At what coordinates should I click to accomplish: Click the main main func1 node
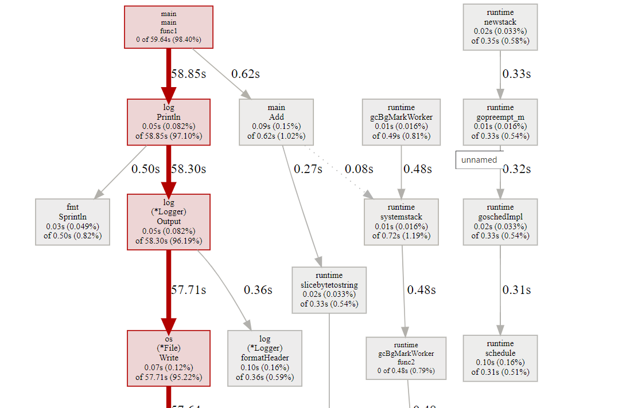(x=169, y=27)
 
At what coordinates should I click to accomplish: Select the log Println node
(x=169, y=122)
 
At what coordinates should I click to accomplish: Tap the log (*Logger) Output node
(x=169, y=222)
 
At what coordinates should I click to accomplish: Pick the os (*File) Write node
(x=169, y=358)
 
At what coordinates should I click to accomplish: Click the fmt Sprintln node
(x=73, y=222)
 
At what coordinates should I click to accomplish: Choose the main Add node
(x=276, y=122)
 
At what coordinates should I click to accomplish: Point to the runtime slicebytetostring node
(x=329, y=289)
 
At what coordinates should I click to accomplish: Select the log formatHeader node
(x=265, y=358)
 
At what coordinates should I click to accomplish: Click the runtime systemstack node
(x=401, y=222)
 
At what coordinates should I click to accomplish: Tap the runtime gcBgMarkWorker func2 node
(x=406, y=358)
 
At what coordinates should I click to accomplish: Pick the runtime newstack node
(x=500, y=27)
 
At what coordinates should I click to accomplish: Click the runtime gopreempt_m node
(x=500, y=122)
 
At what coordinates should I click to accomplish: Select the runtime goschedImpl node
(x=500, y=222)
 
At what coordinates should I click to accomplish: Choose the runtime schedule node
(x=500, y=358)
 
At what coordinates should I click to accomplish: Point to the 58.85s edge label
(x=188, y=74)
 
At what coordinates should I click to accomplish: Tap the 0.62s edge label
(x=246, y=74)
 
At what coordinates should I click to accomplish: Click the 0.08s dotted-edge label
(x=359, y=169)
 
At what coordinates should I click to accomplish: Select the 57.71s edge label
(x=188, y=290)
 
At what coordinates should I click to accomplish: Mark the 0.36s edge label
(x=258, y=290)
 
